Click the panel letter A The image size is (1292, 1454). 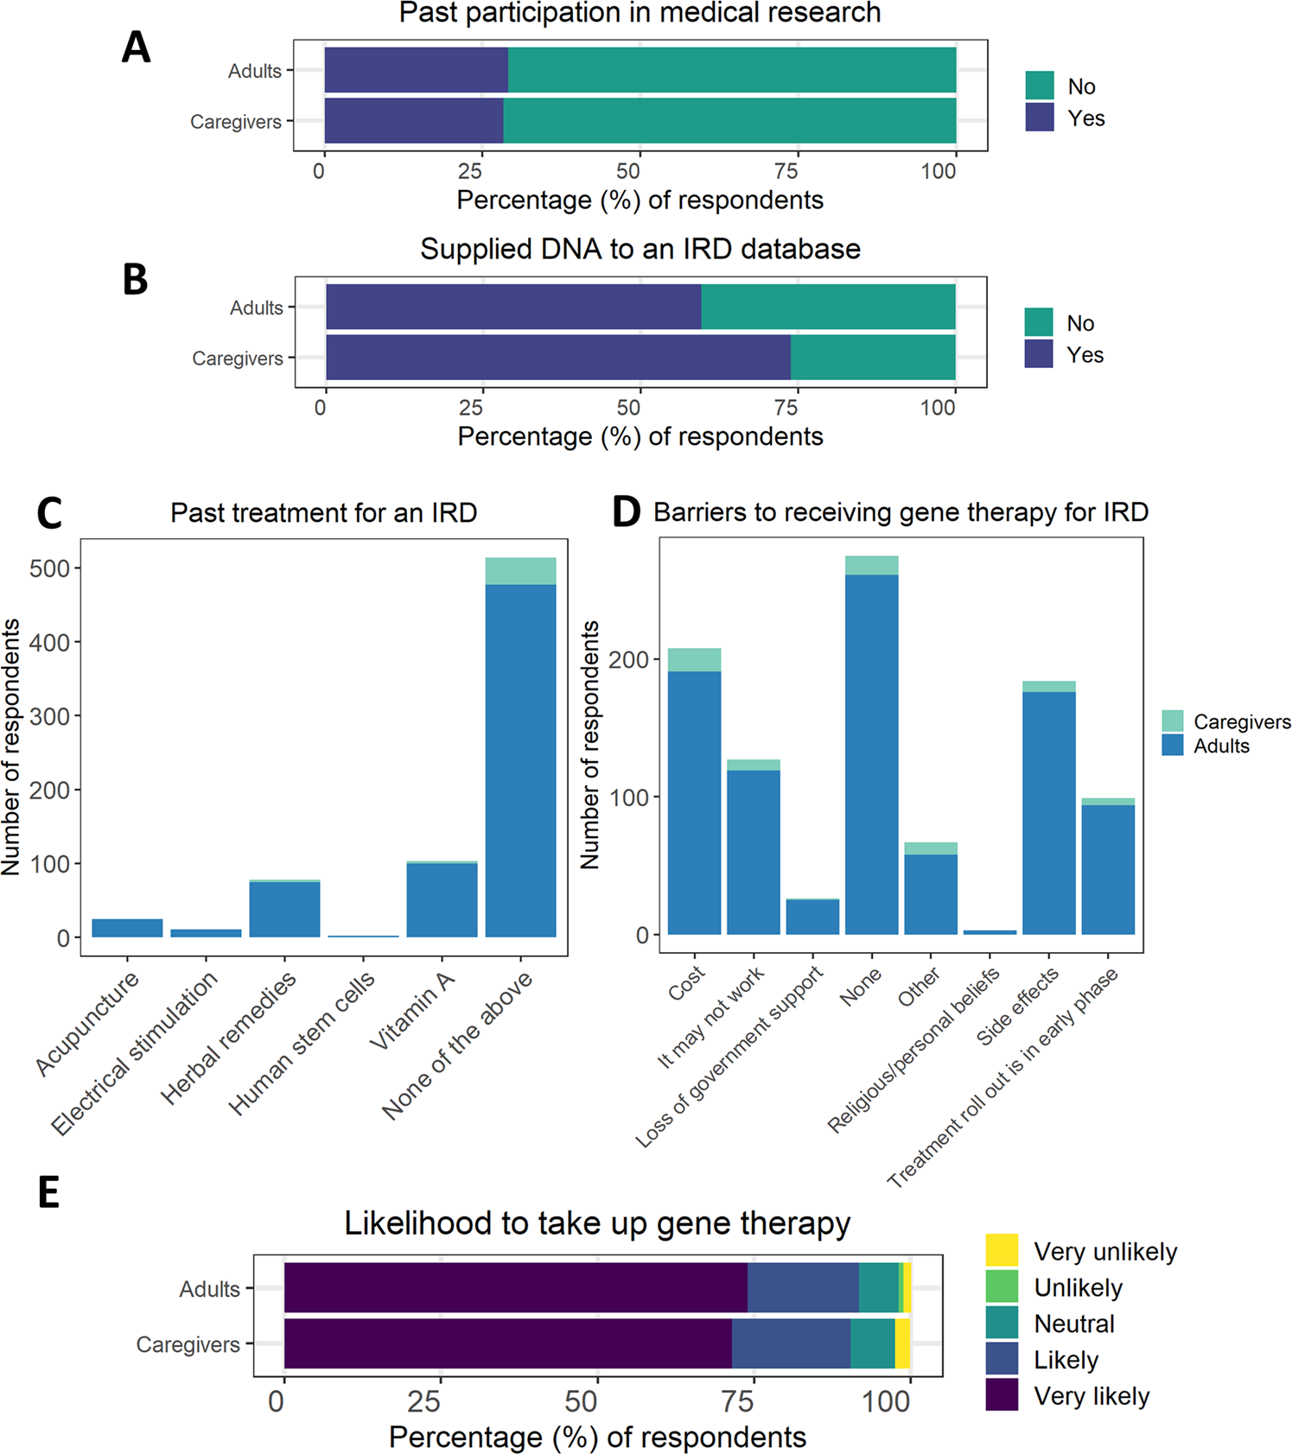pos(136,48)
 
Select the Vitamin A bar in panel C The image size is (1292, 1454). pos(442,899)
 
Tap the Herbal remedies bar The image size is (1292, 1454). pos(284,909)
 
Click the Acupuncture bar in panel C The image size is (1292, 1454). pos(127,928)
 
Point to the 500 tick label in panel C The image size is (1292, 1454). pos(50,568)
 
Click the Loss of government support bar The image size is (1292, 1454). pos(812,917)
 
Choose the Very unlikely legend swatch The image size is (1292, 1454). pos(1002,1250)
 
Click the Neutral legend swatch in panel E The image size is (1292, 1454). pos(1002,1323)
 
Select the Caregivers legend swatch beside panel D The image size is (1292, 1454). pos(1172,721)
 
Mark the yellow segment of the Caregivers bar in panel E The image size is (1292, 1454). pos(902,1343)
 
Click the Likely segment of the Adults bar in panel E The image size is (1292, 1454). pos(803,1287)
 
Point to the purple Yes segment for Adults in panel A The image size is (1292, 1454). pos(416,70)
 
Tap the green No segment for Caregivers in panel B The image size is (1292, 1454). pos(873,358)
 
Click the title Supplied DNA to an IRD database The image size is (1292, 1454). pos(640,249)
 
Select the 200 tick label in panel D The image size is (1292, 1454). pos(628,659)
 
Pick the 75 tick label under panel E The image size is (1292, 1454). pos(739,1400)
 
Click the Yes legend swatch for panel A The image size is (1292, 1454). pos(1040,117)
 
